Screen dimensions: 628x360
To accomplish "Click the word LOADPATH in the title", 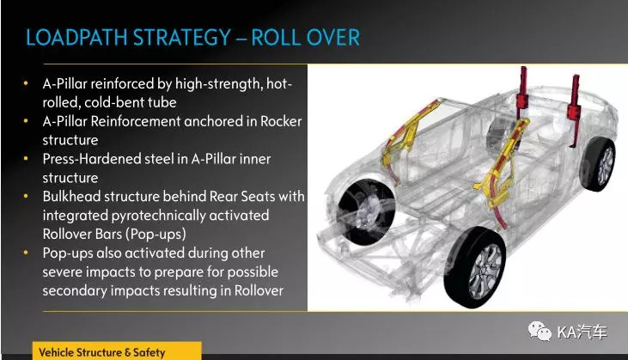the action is pyautogui.click(x=77, y=38).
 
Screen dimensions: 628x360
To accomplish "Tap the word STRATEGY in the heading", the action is pyautogui.click(x=182, y=38).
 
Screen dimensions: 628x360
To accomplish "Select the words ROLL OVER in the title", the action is pyautogui.click(x=306, y=38).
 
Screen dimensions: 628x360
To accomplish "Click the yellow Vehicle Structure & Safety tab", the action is pyautogui.click(x=117, y=351).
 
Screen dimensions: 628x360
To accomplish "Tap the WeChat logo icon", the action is pyautogui.click(x=540, y=332).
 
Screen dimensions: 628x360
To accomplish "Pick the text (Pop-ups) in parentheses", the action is pyautogui.click(x=155, y=235).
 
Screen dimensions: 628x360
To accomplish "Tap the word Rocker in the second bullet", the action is pyautogui.click(x=281, y=121).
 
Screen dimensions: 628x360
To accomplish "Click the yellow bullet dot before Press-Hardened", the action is pyautogui.click(x=26, y=159).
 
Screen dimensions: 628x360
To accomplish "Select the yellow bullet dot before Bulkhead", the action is pyautogui.click(x=26, y=196).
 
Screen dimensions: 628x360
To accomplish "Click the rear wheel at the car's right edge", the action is pyautogui.click(x=599, y=164).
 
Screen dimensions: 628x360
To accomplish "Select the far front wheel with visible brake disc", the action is pyautogui.click(x=365, y=211).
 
